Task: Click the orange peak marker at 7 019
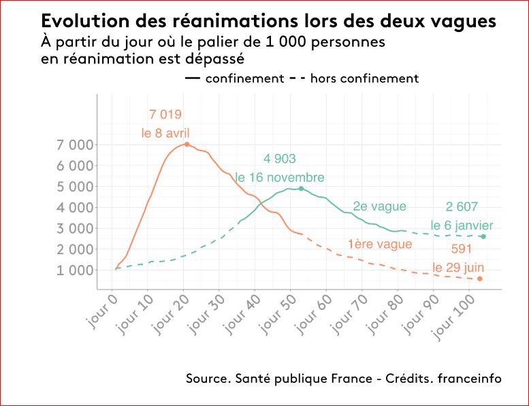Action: click(x=187, y=144)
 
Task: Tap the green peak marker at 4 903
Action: click(x=301, y=189)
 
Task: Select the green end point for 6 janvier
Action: click(x=483, y=236)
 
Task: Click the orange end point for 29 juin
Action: click(x=480, y=279)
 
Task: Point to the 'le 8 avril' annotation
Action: click(x=165, y=134)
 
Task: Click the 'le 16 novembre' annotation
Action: click(x=279, y=178)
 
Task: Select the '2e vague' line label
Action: click(x=379, y=206)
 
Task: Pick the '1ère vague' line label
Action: click(x=379, y=244)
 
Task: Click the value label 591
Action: click(x=462, y=249)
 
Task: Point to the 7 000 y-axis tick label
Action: click(x=76, y=144)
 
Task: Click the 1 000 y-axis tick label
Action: click(x=76, y=270)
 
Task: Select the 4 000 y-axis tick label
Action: click(x=76, y=208)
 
